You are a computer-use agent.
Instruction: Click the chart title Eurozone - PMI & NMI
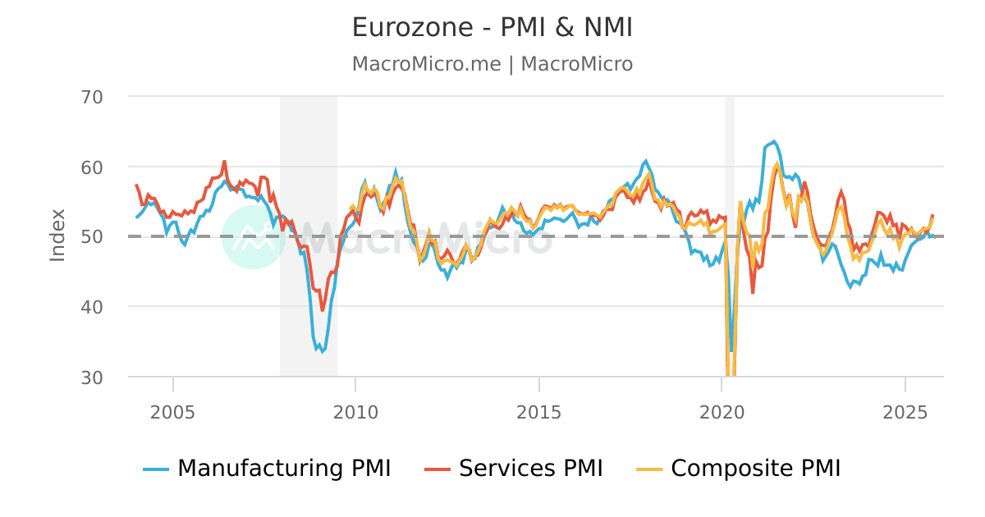(x=492, y=27)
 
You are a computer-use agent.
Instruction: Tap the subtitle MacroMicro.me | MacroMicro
(x=492, y=64)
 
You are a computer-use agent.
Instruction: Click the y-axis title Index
(x=57, y=236)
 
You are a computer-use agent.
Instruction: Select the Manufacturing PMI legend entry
(x=267, y=469)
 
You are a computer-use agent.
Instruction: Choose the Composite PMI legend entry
(x=739, y=469)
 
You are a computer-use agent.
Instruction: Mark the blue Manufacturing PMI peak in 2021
(x=773, y=141)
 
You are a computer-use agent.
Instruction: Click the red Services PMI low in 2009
(x=323, y=309)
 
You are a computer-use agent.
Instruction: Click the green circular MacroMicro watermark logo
(x=254, y=237)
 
